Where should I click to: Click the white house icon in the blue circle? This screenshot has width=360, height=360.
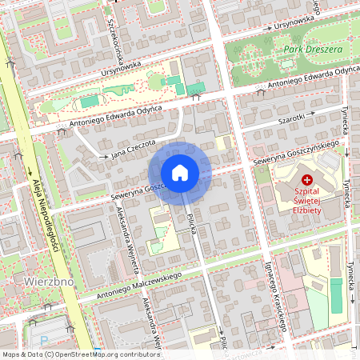(180, 172)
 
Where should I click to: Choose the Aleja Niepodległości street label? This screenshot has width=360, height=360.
(45, 217)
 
